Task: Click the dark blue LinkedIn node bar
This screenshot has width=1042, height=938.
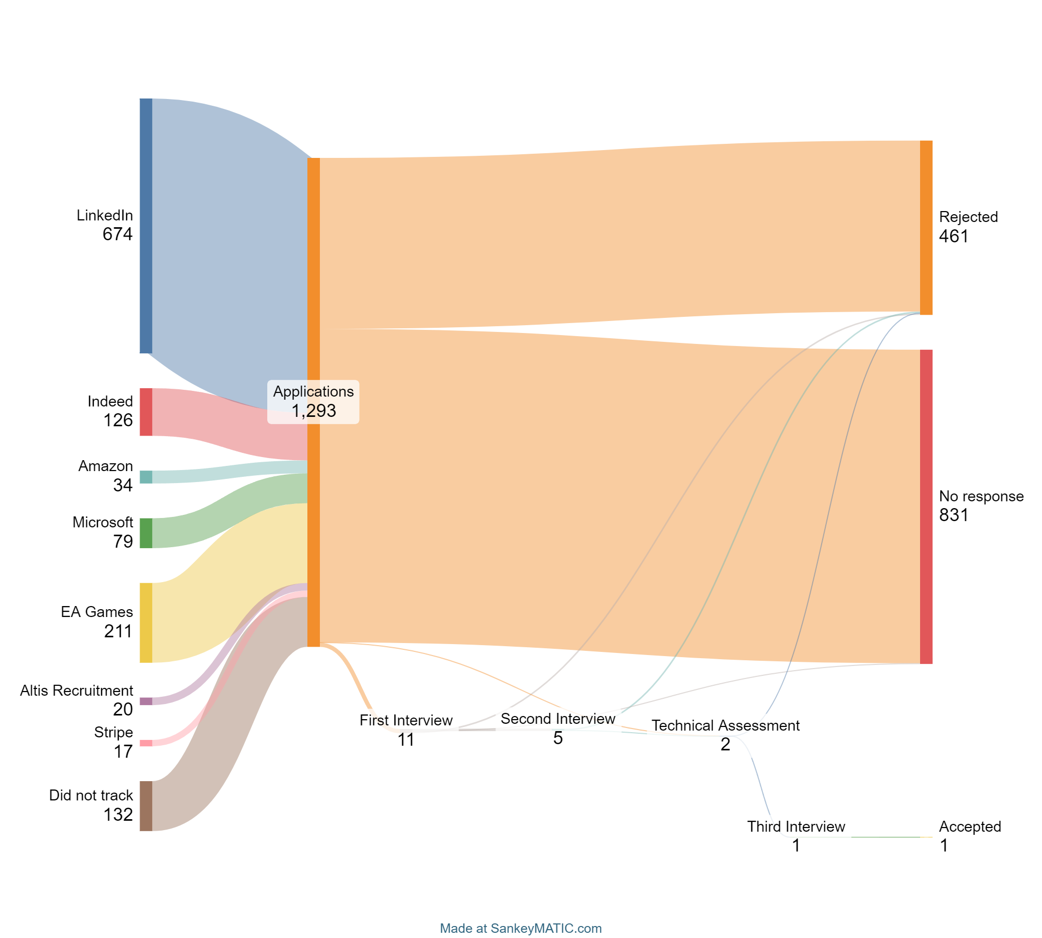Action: click(146, 226)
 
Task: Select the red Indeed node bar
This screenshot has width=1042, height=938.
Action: click(146, 412)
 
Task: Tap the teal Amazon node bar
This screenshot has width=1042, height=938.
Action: click(146, 477)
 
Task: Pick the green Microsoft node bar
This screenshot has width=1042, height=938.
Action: click(146, 533)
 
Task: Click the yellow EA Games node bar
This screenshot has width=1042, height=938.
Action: click(146, 623)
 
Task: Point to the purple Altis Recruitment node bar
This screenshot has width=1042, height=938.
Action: click(146, 701)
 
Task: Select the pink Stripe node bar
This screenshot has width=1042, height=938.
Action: click(146, 743)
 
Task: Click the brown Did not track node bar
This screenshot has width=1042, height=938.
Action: click(146, 806)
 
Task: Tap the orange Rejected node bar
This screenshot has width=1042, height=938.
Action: click(926, 228)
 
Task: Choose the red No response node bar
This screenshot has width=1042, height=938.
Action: click(926, 507)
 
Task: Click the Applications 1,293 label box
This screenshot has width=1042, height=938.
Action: click(313, 402)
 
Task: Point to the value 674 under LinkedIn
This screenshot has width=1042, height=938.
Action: click(118, 234)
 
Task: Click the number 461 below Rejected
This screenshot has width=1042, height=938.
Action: click(953, 237)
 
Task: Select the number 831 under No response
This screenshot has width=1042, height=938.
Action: click(953, 515)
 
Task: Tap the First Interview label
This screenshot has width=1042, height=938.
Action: click(406, 721)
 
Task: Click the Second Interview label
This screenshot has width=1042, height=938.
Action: click(557, 719)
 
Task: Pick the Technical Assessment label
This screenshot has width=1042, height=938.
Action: click(725, 726)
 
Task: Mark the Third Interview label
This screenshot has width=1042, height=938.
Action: click(796, 827)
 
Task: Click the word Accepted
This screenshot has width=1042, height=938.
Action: click(970, 827)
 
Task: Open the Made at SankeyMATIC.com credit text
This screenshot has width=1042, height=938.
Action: click(520, 929)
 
